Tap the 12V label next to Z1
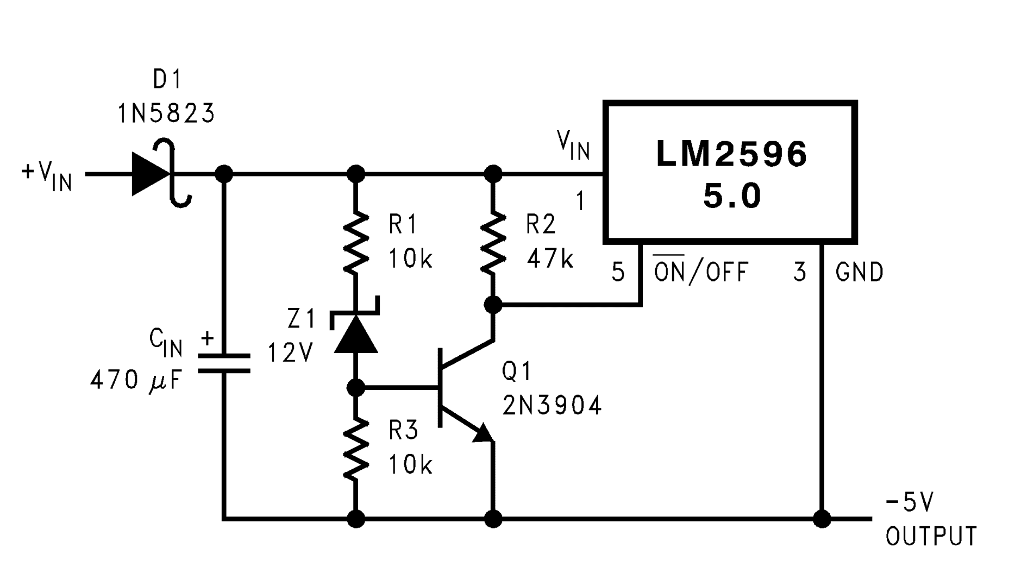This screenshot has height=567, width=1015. [291, 353]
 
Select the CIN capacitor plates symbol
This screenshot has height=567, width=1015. [224, 363]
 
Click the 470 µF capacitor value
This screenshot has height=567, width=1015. [136, 380]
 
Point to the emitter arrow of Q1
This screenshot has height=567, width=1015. [483, 433]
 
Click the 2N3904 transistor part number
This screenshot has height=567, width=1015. [552, 405]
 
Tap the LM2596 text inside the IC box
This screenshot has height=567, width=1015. [731, 154]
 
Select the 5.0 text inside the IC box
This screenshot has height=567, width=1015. [731, 196]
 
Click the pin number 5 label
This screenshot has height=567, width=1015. [618, 272]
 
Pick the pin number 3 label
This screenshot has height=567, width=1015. [799, 272]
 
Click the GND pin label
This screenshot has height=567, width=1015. [859, 272]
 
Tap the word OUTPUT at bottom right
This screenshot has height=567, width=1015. [931, 536]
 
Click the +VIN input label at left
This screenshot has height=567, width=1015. [47, 175]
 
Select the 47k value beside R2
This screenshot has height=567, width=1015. [550, 259]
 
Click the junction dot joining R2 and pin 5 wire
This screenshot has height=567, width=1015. [493, 305]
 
